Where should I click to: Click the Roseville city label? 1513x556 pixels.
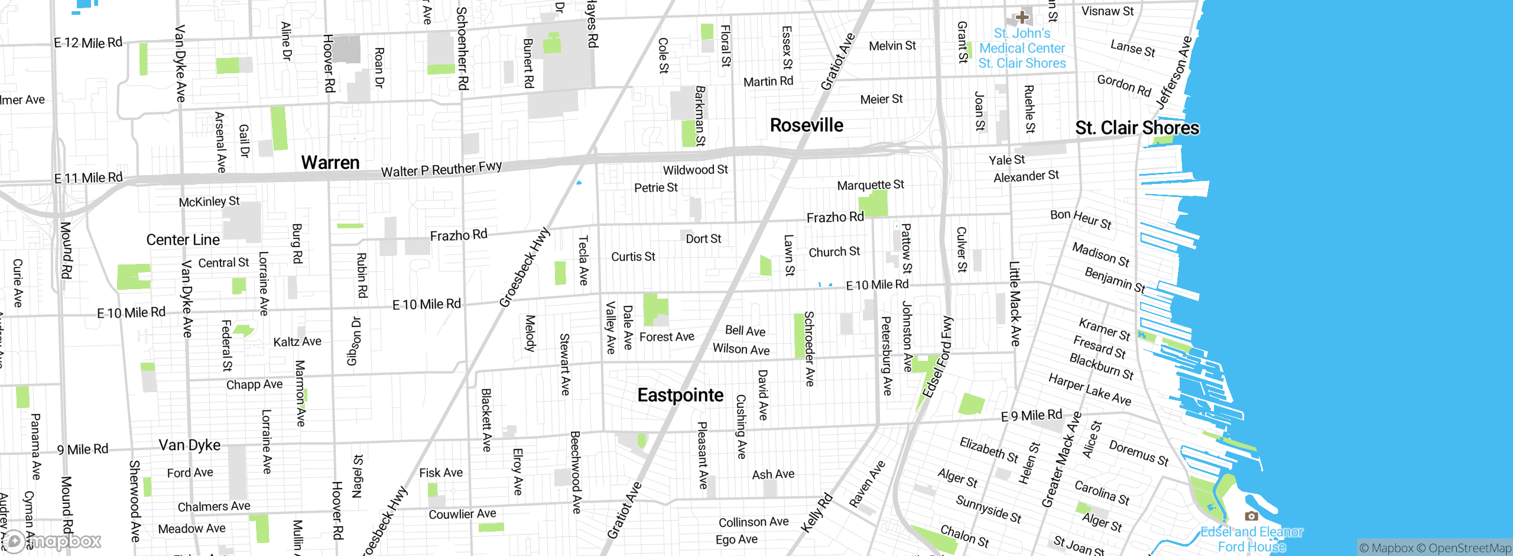click(806, 125)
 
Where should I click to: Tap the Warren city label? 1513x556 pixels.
click(330, 162)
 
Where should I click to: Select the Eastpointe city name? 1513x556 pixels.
click(680, 395)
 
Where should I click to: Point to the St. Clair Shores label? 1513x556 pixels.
click(1137, 128)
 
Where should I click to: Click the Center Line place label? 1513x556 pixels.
click(183, 240)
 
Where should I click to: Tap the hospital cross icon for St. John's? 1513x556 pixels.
click(1022, 17)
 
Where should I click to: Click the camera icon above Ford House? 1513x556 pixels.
click(1251, 516)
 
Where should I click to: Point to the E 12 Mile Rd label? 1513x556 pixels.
click(88, 43)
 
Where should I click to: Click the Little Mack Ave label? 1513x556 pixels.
click(1014, 303)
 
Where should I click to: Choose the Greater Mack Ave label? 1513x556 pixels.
click(1061, 460)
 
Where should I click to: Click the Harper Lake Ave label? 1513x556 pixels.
click(1089, 389)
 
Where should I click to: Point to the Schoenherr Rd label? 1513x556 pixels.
click(462, 49)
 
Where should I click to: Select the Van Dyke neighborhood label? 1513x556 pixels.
click(189, 445)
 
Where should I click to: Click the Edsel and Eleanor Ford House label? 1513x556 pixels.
click(1251, 539)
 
